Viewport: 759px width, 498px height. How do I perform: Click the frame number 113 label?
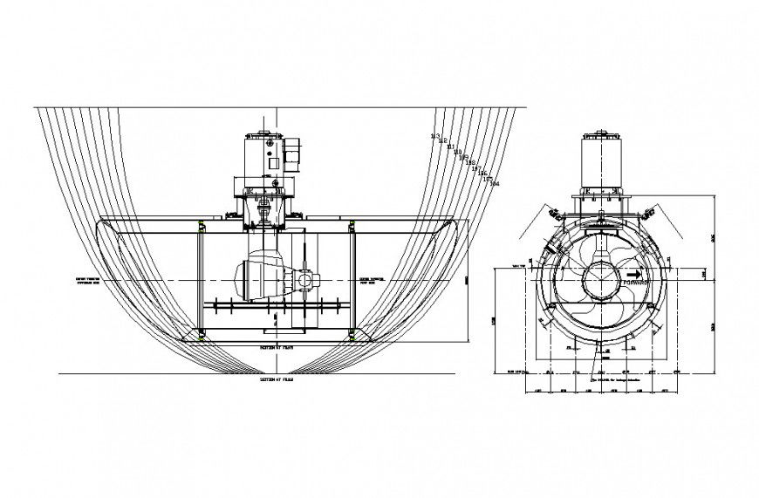[x=435, y=137]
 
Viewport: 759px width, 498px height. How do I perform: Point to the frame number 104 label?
[x=495, y=184]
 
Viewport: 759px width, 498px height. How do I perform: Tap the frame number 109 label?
[x=462, y=158]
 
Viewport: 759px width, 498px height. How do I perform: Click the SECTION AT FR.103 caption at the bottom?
[x=277, y=381]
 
